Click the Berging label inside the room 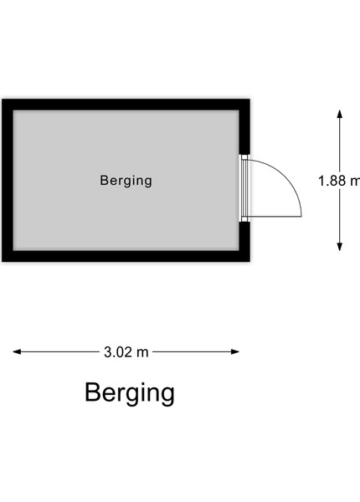tap(126, 181)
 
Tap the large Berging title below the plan tap(130, 393)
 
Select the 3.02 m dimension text tap(126, 352)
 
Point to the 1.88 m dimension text tap(339, 181)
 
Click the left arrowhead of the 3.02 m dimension tap(17, 352)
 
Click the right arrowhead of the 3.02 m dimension tap(235, 352)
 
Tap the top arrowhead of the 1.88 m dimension tap(340, 115)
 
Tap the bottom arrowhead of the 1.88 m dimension tap(340, 247)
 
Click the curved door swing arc tap(286, 178)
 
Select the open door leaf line tap(275, 217)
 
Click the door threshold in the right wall tap(244, 188)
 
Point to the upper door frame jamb tap(244, 157)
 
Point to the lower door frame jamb tap(244, 219)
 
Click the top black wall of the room tap(126, 105)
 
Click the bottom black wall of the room tap(126, 256)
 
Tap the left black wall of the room tap(8, 180)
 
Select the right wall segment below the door tap(244, 242)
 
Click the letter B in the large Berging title tap(93, 392)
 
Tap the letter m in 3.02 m tap(143, 353)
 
